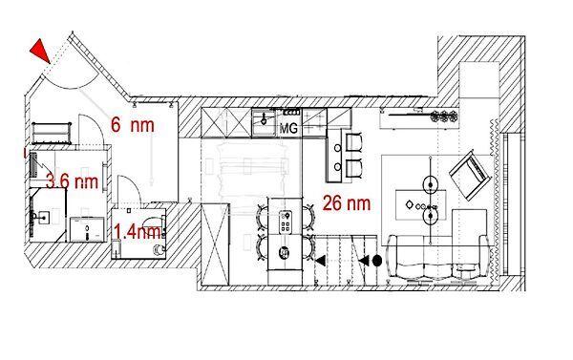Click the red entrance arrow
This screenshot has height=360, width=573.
pos(40,52)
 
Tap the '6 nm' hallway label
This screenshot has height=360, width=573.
pos(133,125)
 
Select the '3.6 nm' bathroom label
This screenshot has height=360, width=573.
pos(73,180)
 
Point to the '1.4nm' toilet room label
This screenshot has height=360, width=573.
pos(138,232)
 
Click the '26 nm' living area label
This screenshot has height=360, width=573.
pos(347,202)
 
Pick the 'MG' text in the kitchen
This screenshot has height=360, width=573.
pos(288,128)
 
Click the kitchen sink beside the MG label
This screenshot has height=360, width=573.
pos(264,122)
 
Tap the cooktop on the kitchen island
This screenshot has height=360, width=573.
pos(285,222)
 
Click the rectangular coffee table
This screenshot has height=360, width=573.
pos(421,205)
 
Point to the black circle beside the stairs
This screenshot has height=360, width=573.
pos(377,261)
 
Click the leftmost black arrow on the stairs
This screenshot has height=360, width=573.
pos(321,261)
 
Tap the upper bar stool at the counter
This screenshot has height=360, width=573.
pos(353,142)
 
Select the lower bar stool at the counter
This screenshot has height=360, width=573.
pos(353,169)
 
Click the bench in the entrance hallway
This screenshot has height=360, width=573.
pos(52,133)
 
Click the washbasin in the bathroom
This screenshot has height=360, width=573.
pos(44,218)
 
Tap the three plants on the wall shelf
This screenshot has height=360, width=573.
pos(444,116)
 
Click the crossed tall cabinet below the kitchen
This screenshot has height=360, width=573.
pos(215,244)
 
